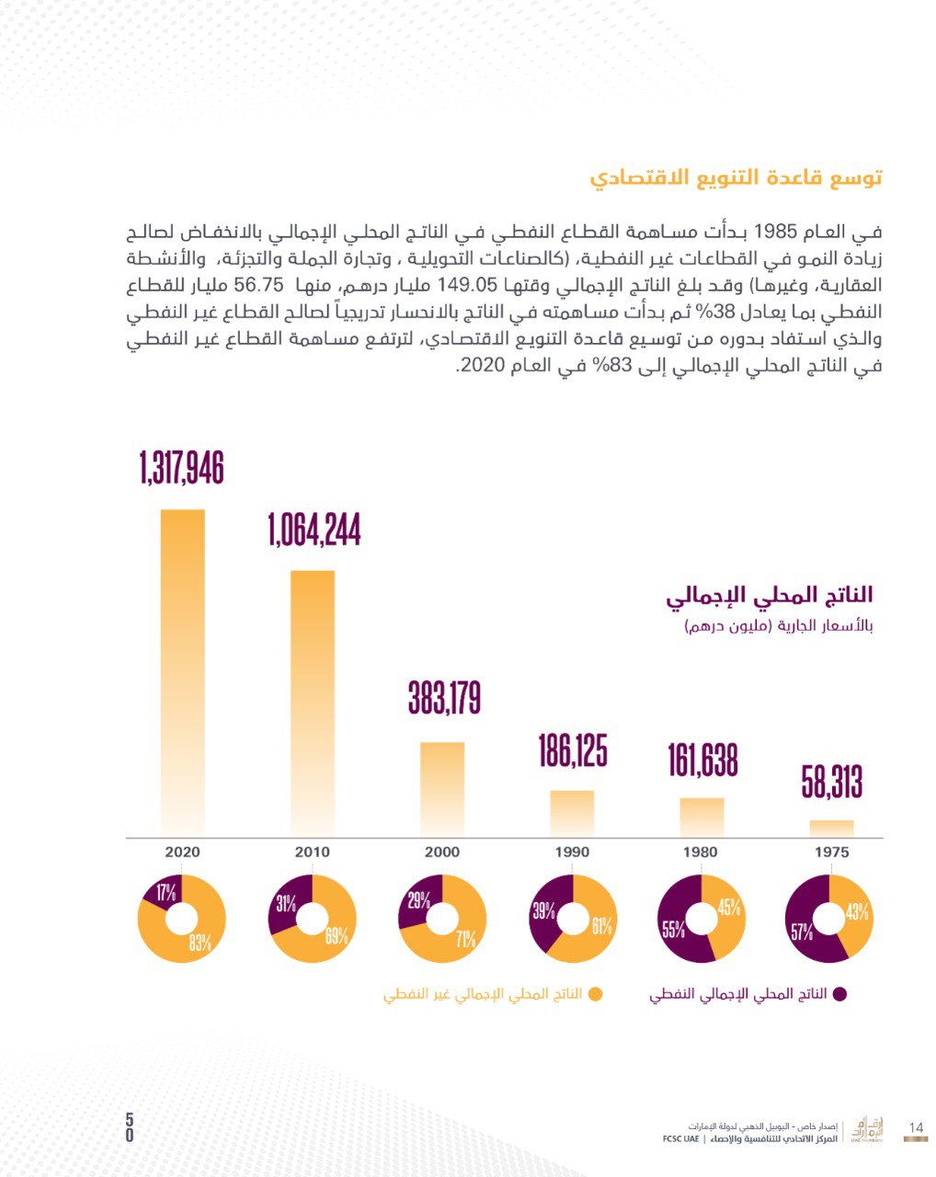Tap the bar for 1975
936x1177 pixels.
pos(831,828)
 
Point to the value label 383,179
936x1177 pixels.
pos(444,697)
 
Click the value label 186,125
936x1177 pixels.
pos(572,750)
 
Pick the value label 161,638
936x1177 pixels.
pos(702,760)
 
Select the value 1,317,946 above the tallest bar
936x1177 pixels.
pos(182,468)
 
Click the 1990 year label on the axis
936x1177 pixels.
pos(572,851)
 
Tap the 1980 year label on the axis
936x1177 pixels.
pos(701,851)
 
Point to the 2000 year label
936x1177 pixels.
pos(442,851)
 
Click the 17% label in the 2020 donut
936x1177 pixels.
pos(166,893)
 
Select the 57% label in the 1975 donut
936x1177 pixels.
pos(801,932)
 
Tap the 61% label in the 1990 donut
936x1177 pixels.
pos(601,926)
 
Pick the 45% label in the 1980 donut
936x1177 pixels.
pos(729,908)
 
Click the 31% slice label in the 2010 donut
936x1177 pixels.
pos(286,904)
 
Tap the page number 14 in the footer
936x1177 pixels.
pos(915,1127)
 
